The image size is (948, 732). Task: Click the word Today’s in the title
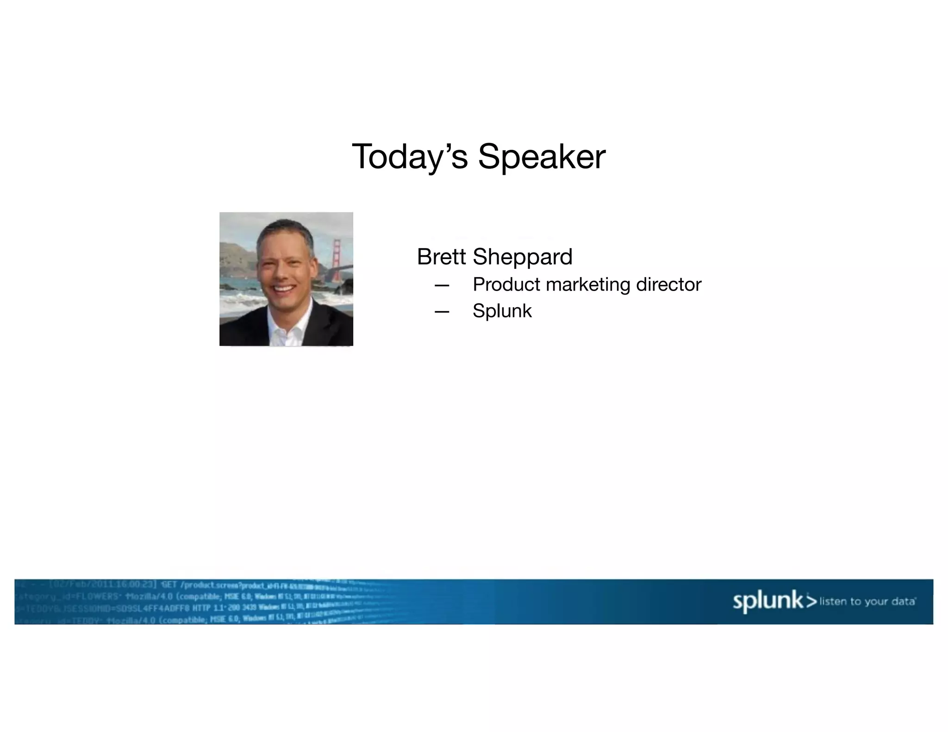tap(409, 157)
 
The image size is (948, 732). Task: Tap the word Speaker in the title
tap(541, 157)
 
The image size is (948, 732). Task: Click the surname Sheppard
tap(523, 257)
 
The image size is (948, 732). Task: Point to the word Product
tap(506, 284)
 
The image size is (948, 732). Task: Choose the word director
tap(669, 284)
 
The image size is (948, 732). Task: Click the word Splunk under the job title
tap(502, 311)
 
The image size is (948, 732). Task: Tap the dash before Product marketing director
tap(442, 285)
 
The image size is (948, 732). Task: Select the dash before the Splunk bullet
tap(442, 312)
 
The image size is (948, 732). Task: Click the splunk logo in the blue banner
tap(768, 601)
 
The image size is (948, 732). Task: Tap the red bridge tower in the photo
tap(337, 257)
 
